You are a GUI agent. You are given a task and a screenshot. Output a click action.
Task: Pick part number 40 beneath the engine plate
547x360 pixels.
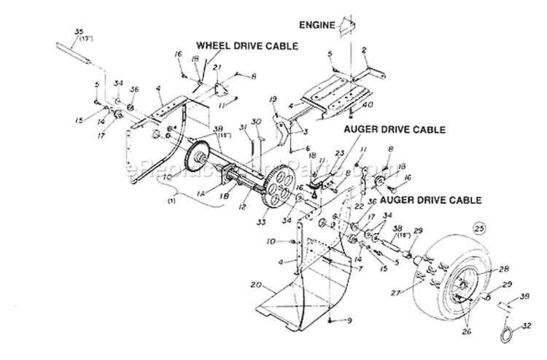[360, 104]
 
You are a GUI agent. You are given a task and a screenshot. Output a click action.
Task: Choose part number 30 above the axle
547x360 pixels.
[255, 121]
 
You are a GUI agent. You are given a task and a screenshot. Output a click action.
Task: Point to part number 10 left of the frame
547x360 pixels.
[291, 241]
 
